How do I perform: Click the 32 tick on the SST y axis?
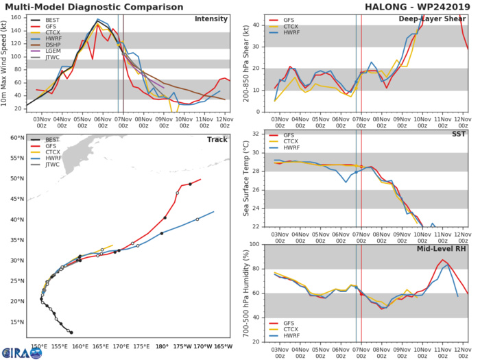[254, 133]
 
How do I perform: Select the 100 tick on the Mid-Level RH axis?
[253, 245]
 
